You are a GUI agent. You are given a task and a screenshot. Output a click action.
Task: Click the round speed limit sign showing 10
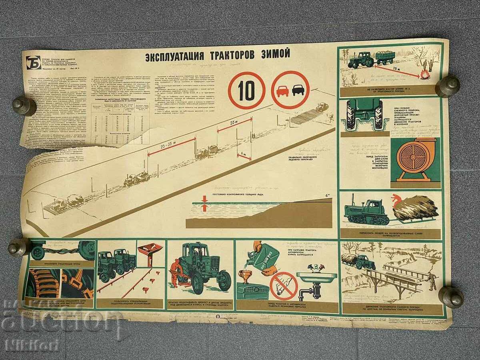tap(246, 91)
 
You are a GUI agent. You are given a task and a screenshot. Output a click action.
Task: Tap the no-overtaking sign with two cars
tap(290, 90)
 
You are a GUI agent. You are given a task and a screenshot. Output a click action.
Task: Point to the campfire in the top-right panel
tap(425, 74)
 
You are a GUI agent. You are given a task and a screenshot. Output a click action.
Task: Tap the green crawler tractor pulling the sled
tap(367, 211)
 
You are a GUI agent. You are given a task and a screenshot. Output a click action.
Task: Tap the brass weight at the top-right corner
tap(447, 86)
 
